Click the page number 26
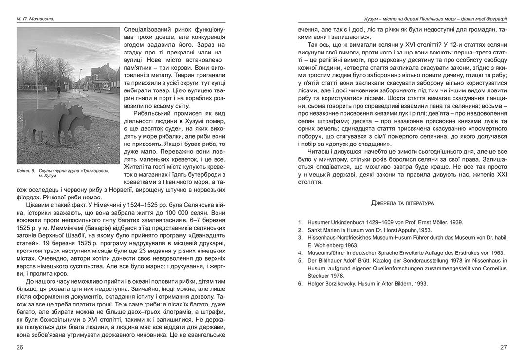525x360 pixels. click(x=19, y=347)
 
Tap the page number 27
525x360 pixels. click(x=504, y=347)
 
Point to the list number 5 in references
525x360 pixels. click(x=300, y=260)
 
